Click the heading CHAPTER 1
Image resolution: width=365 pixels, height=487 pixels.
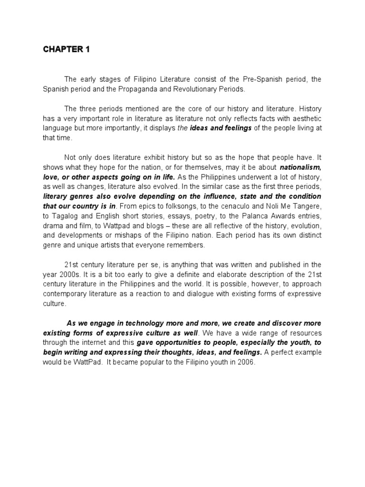click(66, 50)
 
